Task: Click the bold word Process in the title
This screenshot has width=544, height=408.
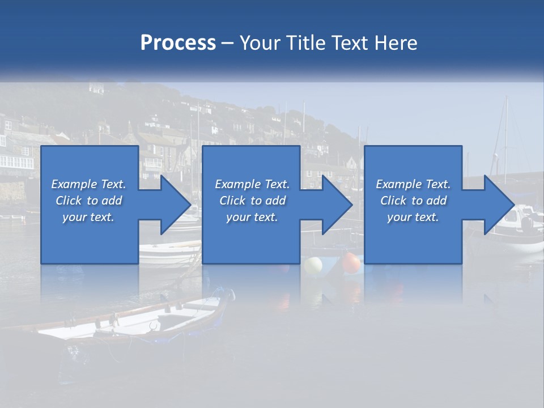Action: tap(178, 42)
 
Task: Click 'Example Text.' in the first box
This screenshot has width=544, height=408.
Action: tap(88, 184)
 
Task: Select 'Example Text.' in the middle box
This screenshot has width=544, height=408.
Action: tap(252, 184)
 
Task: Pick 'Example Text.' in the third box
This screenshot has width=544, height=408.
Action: tap(413, 184)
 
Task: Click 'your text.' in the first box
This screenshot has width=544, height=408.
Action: tap(88, 217)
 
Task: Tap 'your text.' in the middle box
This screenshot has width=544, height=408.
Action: tap(252, 217)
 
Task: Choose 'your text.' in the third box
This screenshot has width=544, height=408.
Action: tap(413, 217)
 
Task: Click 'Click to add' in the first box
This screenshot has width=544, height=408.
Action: tap(88, 201)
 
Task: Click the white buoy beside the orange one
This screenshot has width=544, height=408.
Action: tap(313, 265)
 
